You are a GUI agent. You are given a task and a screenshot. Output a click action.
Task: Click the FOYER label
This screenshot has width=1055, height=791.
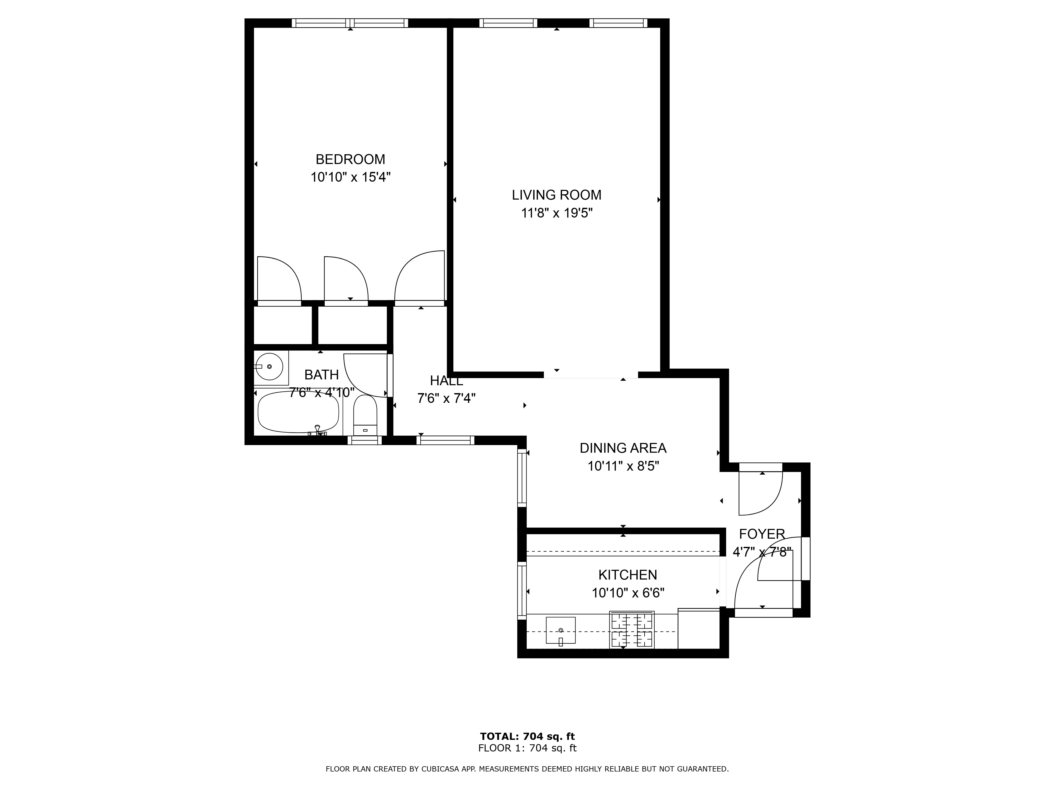point(762,534)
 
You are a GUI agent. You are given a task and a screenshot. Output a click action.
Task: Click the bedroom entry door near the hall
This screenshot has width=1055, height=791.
point(420,279)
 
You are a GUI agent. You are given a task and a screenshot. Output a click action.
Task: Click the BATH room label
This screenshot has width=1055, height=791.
point(322,375)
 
